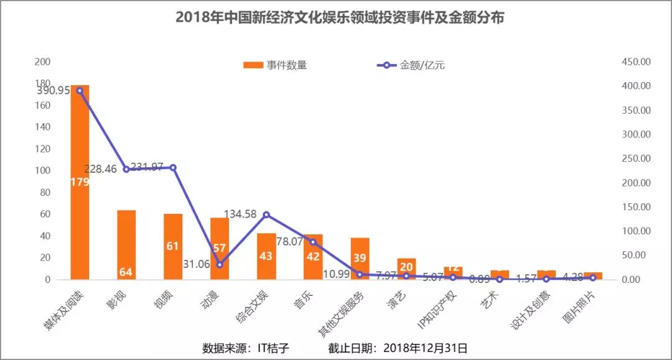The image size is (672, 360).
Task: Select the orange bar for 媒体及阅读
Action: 80,187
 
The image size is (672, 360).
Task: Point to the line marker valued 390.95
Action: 80,91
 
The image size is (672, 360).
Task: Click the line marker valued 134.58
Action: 266,215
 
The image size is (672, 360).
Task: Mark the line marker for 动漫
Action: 220,265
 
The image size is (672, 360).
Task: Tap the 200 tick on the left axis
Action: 43,62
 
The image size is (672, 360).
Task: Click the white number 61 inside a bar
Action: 173,246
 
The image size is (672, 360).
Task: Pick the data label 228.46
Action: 103,168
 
